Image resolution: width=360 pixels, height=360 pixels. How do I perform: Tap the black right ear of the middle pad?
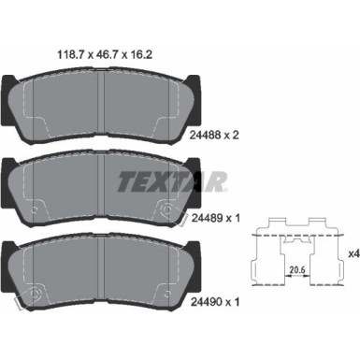tap(199, 177)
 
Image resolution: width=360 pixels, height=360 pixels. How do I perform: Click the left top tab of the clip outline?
tap(271, 223)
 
